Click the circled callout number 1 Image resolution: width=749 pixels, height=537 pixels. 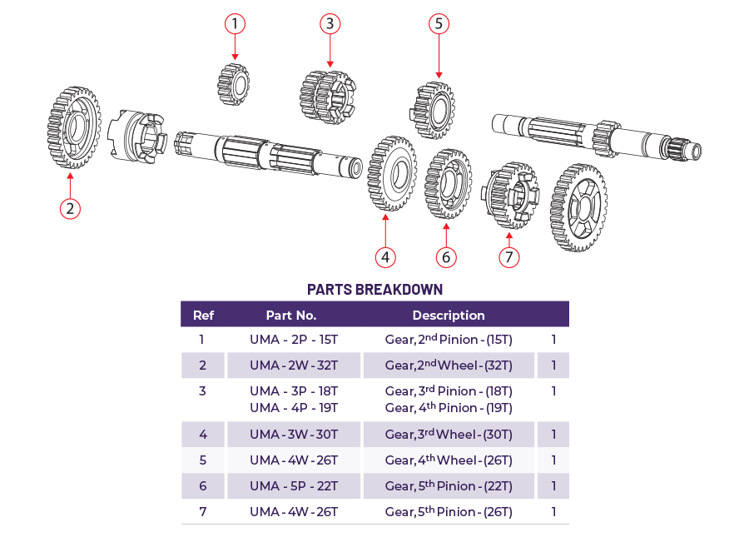click(236, 24)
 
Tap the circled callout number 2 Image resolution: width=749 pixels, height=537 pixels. click(71, 207)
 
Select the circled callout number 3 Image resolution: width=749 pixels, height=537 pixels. click(330, 23)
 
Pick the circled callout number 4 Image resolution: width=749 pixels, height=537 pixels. click(384, 256)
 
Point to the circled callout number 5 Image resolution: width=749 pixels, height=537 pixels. click(439, 23)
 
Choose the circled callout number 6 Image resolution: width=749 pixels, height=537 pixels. click(446, 257)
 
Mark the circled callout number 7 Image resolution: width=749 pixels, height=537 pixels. click(509, 256)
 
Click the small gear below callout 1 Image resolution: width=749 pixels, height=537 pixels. click(234, 84)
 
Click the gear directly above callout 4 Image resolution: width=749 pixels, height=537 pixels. click(392, 173)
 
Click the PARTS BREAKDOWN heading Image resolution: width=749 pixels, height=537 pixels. click(374, 290)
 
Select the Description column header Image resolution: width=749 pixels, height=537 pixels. click(449, 316)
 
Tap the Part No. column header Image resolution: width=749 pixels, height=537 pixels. click(291, 316)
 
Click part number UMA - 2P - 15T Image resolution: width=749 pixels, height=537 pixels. click(294, 340)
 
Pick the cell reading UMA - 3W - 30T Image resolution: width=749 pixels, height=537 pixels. click(294, 435)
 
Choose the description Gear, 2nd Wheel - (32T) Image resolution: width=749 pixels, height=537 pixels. click(449, 365)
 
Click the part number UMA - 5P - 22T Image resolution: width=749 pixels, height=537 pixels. click(294, 485)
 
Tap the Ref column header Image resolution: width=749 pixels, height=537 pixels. click(203, 316)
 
